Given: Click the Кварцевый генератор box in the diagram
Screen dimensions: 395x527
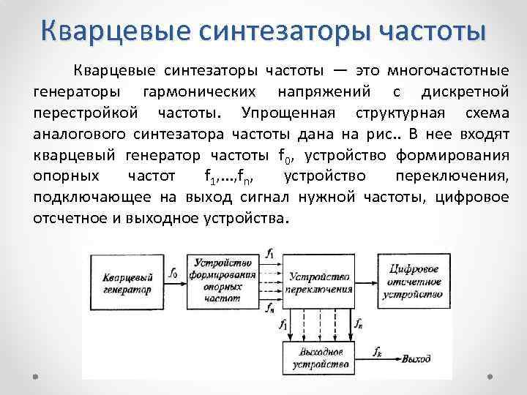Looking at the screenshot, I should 127,283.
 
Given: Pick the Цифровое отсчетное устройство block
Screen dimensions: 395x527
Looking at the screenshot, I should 415,282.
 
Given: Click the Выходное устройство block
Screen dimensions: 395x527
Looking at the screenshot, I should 315,357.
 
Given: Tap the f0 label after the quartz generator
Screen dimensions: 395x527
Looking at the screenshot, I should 173,272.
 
